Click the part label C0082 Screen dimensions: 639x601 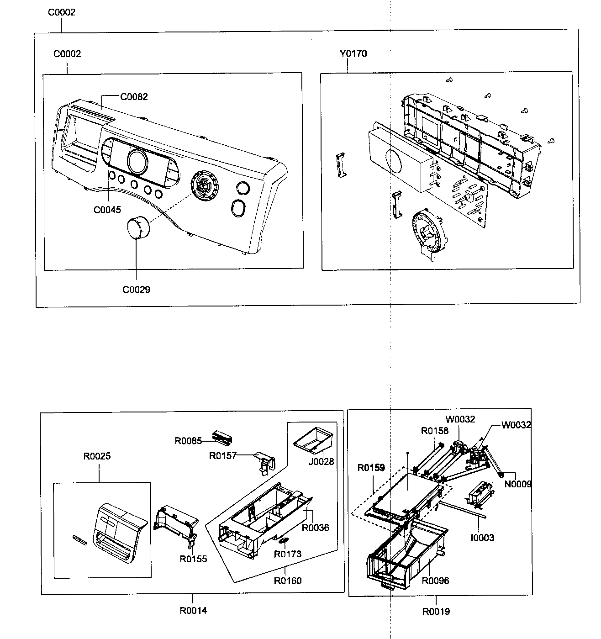coord(134,97)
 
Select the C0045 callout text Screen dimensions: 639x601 coord(107,210)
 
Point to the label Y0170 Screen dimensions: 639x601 coord(353,53)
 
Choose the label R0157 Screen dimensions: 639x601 coord(223,455)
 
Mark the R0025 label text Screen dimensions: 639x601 coord(97,456)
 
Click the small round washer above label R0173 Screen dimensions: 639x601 coord(283,541)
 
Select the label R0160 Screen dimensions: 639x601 coord(288,581)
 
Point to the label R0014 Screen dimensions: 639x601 coord(193,610)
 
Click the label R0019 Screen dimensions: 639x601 coord(436,611)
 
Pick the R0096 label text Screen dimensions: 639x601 coord(435,581)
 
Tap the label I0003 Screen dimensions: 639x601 coord(483,538)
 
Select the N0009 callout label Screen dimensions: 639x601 coord(517,484)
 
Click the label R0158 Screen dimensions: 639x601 coord(435,430)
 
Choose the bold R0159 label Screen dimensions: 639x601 coord(371,467)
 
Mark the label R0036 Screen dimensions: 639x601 coord(315,528)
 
